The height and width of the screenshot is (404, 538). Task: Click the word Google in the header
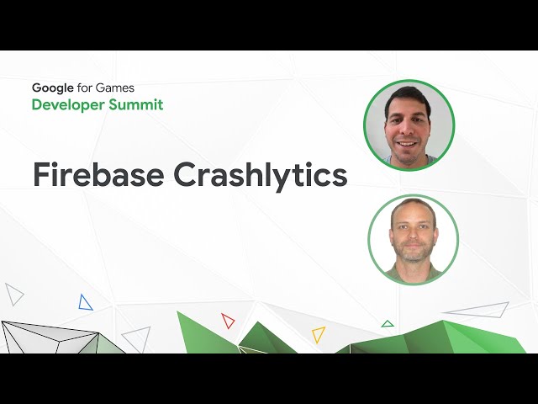click(52, 88)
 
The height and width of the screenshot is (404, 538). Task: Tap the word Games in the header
click(114, 88)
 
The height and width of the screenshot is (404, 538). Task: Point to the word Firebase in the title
click(98, 174)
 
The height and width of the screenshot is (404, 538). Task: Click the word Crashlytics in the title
click(261, 177)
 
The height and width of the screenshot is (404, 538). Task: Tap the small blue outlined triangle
click(85, 303)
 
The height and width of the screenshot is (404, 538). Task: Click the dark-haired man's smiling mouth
click(406, 143)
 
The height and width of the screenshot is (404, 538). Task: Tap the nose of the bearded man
click(414, 234)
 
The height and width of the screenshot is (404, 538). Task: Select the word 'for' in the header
click(84, 88)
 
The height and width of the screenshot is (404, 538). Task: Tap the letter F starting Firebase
click(41, 175)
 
